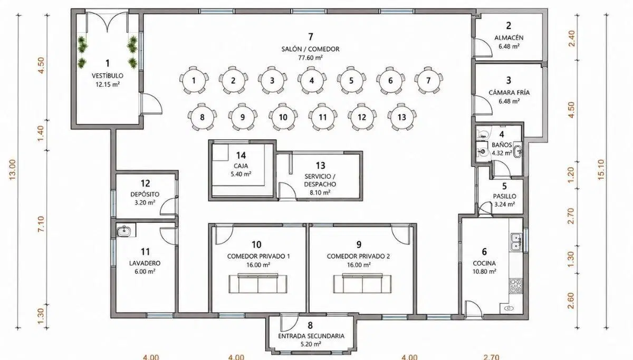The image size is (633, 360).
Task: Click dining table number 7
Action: [428, 80]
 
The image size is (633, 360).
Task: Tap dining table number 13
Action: [402, 117]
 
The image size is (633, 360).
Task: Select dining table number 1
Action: [194, 80]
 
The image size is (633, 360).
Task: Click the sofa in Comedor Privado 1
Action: [258, 283]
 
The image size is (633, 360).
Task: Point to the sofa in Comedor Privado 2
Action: [362, 283]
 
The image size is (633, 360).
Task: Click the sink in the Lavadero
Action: [124, 231]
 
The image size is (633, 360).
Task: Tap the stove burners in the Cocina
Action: [516, 286]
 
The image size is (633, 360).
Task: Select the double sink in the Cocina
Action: [516, 242]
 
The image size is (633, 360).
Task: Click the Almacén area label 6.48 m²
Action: [509, 46]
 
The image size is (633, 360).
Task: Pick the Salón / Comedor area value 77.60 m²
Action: [310, 57]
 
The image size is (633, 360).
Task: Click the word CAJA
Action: [241, 166]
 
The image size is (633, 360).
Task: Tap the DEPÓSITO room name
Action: [145, 194]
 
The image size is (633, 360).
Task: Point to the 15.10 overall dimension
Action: [601, 170]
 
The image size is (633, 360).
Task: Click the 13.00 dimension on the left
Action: [13, 170]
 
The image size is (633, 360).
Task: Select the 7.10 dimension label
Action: [41, 224]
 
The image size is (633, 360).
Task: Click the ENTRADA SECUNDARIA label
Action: [311, 336]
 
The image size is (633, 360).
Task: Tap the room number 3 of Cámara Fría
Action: [509, 81]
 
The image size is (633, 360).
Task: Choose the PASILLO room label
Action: [504, 196]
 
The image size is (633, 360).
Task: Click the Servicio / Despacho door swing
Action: [287, 191]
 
